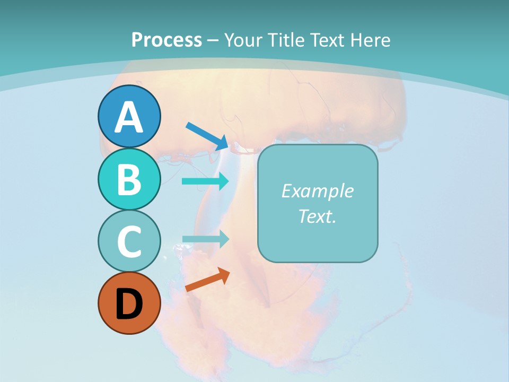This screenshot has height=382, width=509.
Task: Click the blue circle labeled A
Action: (x=129, y=116)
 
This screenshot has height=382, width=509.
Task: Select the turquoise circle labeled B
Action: (x=129, y=179)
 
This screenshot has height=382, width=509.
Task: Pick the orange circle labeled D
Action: (x=129, y=303)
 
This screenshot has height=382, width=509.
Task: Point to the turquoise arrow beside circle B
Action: (x=206, y=181)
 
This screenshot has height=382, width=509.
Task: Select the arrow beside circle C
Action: (x=206, y=239)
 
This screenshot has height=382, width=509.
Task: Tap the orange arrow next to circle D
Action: (x=207, y=280)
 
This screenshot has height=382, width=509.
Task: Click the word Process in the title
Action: (x=166, y=40)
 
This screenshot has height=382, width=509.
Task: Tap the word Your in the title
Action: (x=244, y=40)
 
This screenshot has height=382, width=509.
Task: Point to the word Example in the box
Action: (x=317, y=191)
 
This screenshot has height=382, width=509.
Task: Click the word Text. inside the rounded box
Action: (x=317, y=216)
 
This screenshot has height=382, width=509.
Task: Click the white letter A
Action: (x=129, y=117)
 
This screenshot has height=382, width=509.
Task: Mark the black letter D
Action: (x=129, y=304)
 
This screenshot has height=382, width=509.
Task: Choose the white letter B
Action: (x=129, y=179)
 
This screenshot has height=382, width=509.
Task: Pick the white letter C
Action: (x=129, y=241)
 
